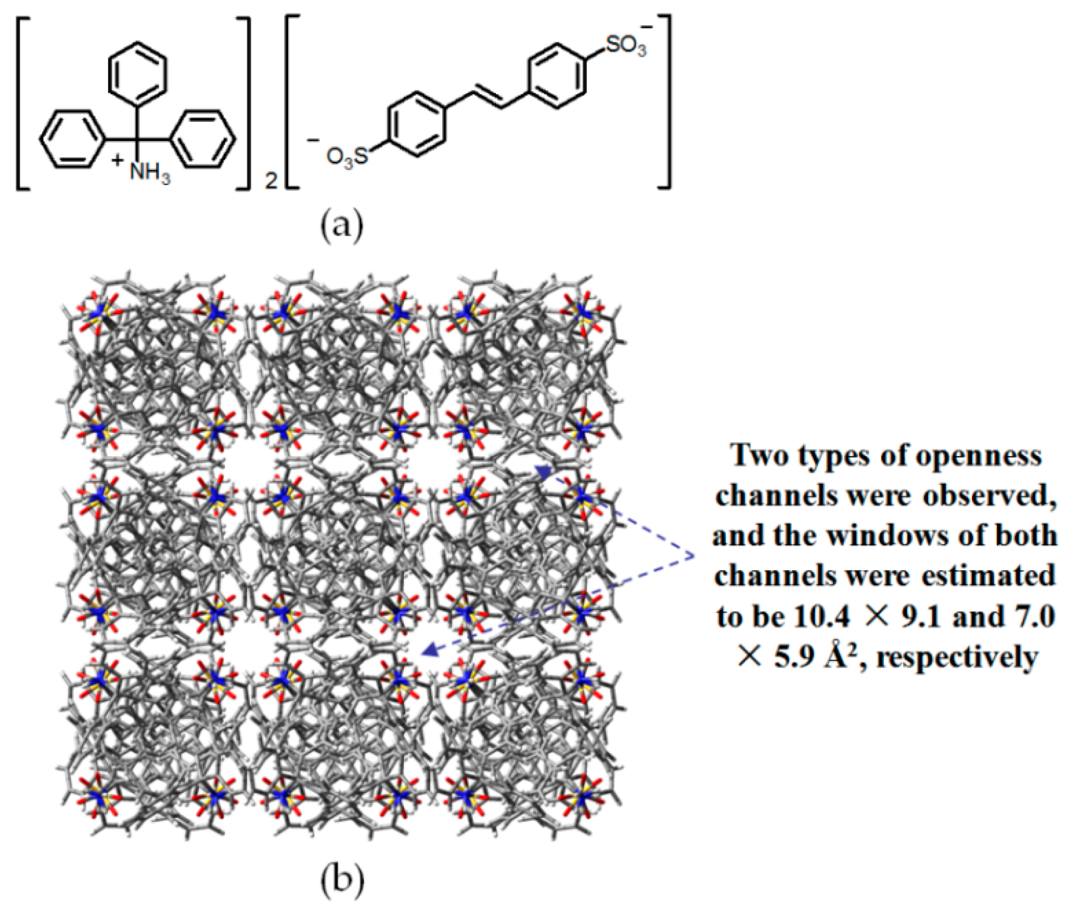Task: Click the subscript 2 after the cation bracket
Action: pos(270,182)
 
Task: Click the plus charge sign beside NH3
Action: pos(118,161)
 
